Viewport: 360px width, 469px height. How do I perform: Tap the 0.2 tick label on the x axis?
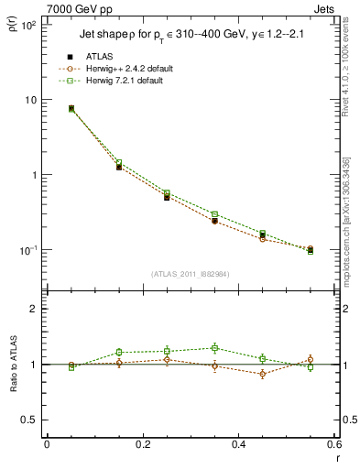142,444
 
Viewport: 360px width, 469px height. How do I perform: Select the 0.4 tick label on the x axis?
238,444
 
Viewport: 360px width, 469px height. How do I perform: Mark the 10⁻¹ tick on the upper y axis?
29,250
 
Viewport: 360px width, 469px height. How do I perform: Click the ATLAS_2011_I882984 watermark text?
189,274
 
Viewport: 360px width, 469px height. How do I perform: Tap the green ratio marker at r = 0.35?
214,348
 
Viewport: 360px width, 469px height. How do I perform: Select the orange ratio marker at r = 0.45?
263,374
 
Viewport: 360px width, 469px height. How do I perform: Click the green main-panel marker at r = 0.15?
119,162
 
